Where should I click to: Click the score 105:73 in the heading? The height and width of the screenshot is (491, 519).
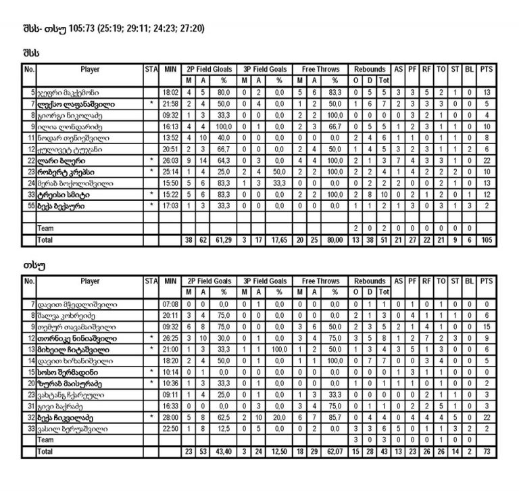click(78, 29)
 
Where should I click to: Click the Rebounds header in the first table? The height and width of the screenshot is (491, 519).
click(370, 69)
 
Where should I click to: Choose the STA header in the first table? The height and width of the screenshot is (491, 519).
click(151, 69)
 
